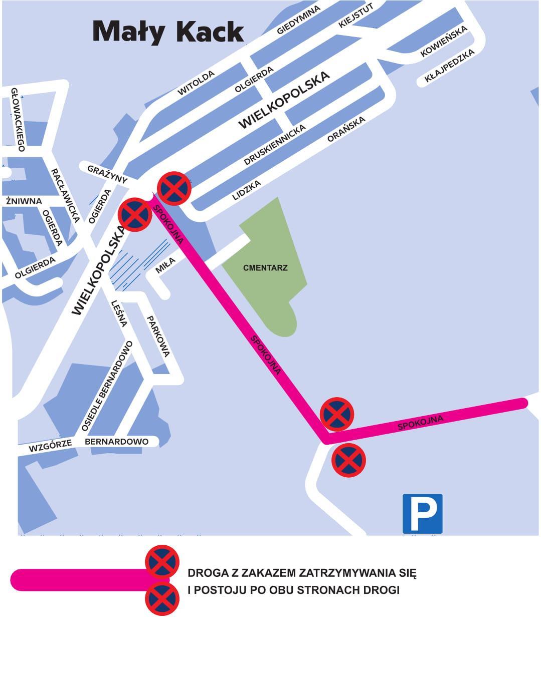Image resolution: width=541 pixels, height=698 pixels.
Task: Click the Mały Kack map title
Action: point(168,32)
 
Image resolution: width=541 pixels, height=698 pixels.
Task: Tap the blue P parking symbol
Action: point(422,513)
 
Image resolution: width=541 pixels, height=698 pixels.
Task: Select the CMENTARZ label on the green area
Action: point(265,268)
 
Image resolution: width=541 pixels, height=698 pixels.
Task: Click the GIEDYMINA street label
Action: point(298,21)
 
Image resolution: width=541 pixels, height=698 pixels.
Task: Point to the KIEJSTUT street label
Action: point(356,16)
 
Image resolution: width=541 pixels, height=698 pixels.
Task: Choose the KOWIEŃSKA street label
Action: point(444,41)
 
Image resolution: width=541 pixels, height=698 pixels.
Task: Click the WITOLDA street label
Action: point(196,83)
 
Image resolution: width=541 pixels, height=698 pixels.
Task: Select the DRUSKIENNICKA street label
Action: point(274,145)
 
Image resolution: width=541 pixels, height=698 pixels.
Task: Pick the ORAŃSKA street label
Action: point(346,130)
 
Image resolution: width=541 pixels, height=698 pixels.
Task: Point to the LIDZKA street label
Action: point(247,191)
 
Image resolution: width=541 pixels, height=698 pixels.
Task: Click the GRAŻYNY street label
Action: point(107,174)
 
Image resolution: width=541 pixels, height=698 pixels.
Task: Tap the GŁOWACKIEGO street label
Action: point(18,119)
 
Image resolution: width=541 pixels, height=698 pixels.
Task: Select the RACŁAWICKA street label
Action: point(66,195)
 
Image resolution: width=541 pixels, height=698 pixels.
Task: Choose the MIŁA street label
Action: point(165,265)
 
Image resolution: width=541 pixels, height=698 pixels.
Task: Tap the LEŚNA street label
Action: point(119,313)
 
